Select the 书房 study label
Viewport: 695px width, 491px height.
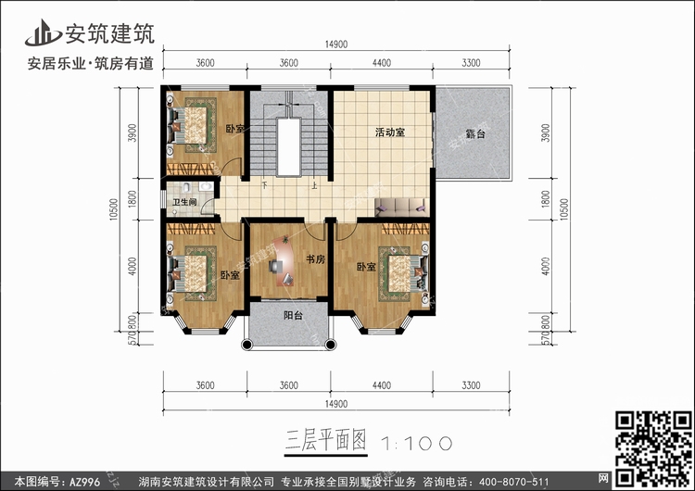click(x=315, y=259)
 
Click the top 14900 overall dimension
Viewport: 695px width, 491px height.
click(x=336, y=44)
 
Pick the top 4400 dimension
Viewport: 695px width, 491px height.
click(x=383, y=63)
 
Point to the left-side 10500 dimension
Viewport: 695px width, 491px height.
click(x=114, y=211)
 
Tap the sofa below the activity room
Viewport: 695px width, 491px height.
click(x=400, y=206)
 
